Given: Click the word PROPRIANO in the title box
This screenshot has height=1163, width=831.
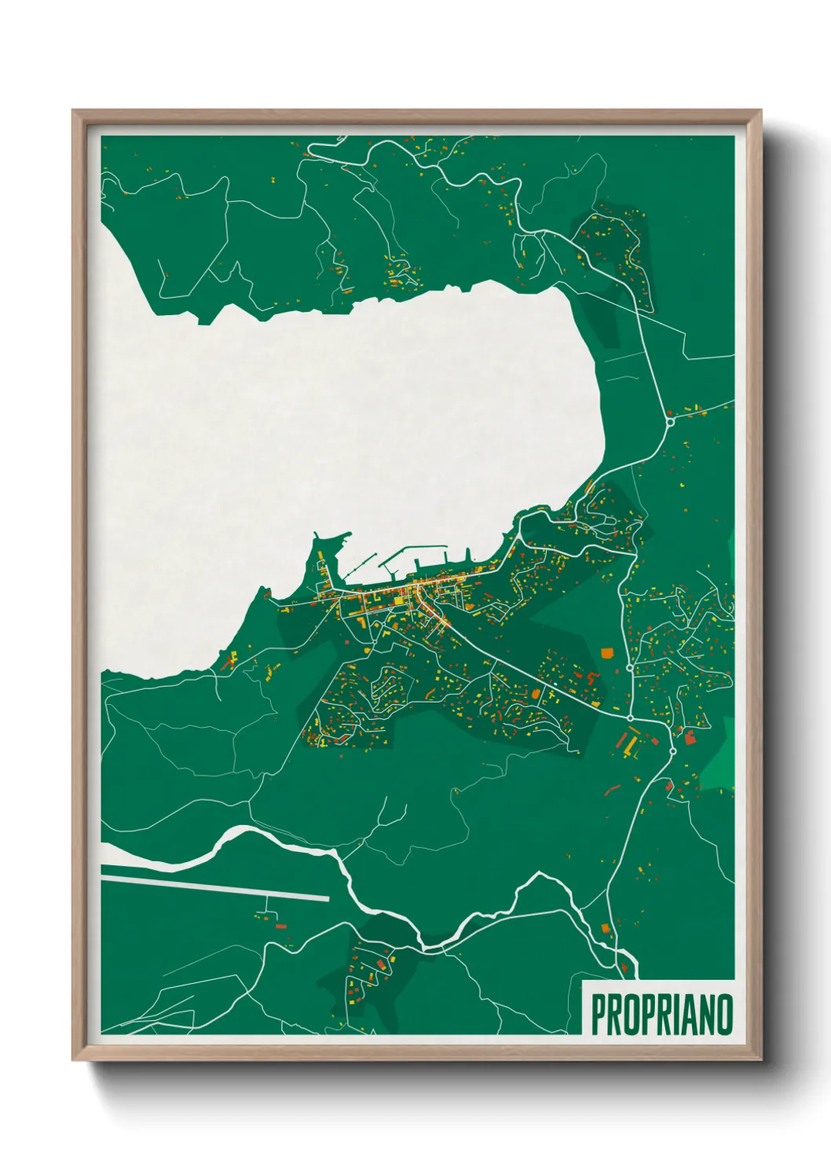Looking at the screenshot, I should pos(661,1015).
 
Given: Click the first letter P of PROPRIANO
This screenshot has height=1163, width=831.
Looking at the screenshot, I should pos(598,1015).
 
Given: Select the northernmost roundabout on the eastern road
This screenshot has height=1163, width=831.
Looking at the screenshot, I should pos(670,422).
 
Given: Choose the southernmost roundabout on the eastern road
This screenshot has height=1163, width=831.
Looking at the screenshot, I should pos(672,751).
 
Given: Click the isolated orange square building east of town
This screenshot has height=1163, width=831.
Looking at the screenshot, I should pos(606,651).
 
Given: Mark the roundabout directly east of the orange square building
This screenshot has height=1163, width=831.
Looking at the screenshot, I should pos(630,667).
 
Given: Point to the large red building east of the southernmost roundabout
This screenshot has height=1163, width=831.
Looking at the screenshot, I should pos(690,736).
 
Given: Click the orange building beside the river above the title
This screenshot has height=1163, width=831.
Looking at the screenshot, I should pos(606,928).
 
